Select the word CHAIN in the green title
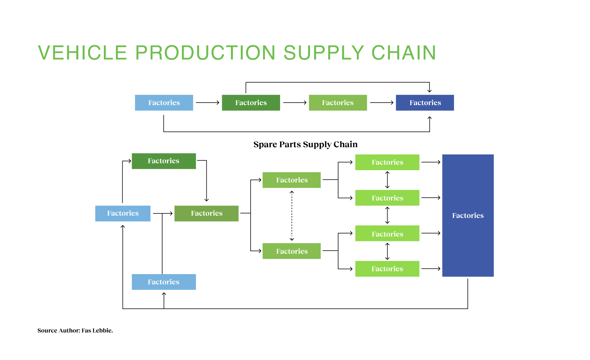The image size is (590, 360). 404,53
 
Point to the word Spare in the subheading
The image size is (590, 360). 265,144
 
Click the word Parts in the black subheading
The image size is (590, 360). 290,144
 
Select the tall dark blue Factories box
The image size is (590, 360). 468,215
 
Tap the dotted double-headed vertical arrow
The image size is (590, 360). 292,215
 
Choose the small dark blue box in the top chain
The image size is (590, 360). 425,103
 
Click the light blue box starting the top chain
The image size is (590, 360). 164,103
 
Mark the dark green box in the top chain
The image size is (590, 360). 251,103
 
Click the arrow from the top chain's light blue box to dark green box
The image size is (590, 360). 207,103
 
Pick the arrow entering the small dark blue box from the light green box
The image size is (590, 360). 382,103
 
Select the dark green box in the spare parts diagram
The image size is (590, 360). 164,161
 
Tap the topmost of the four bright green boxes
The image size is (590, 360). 387,162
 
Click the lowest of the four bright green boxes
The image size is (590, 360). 387,269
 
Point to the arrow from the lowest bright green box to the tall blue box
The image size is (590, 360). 431,269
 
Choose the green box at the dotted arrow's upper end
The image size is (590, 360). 292,180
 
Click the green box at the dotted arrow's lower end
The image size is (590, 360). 292,251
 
